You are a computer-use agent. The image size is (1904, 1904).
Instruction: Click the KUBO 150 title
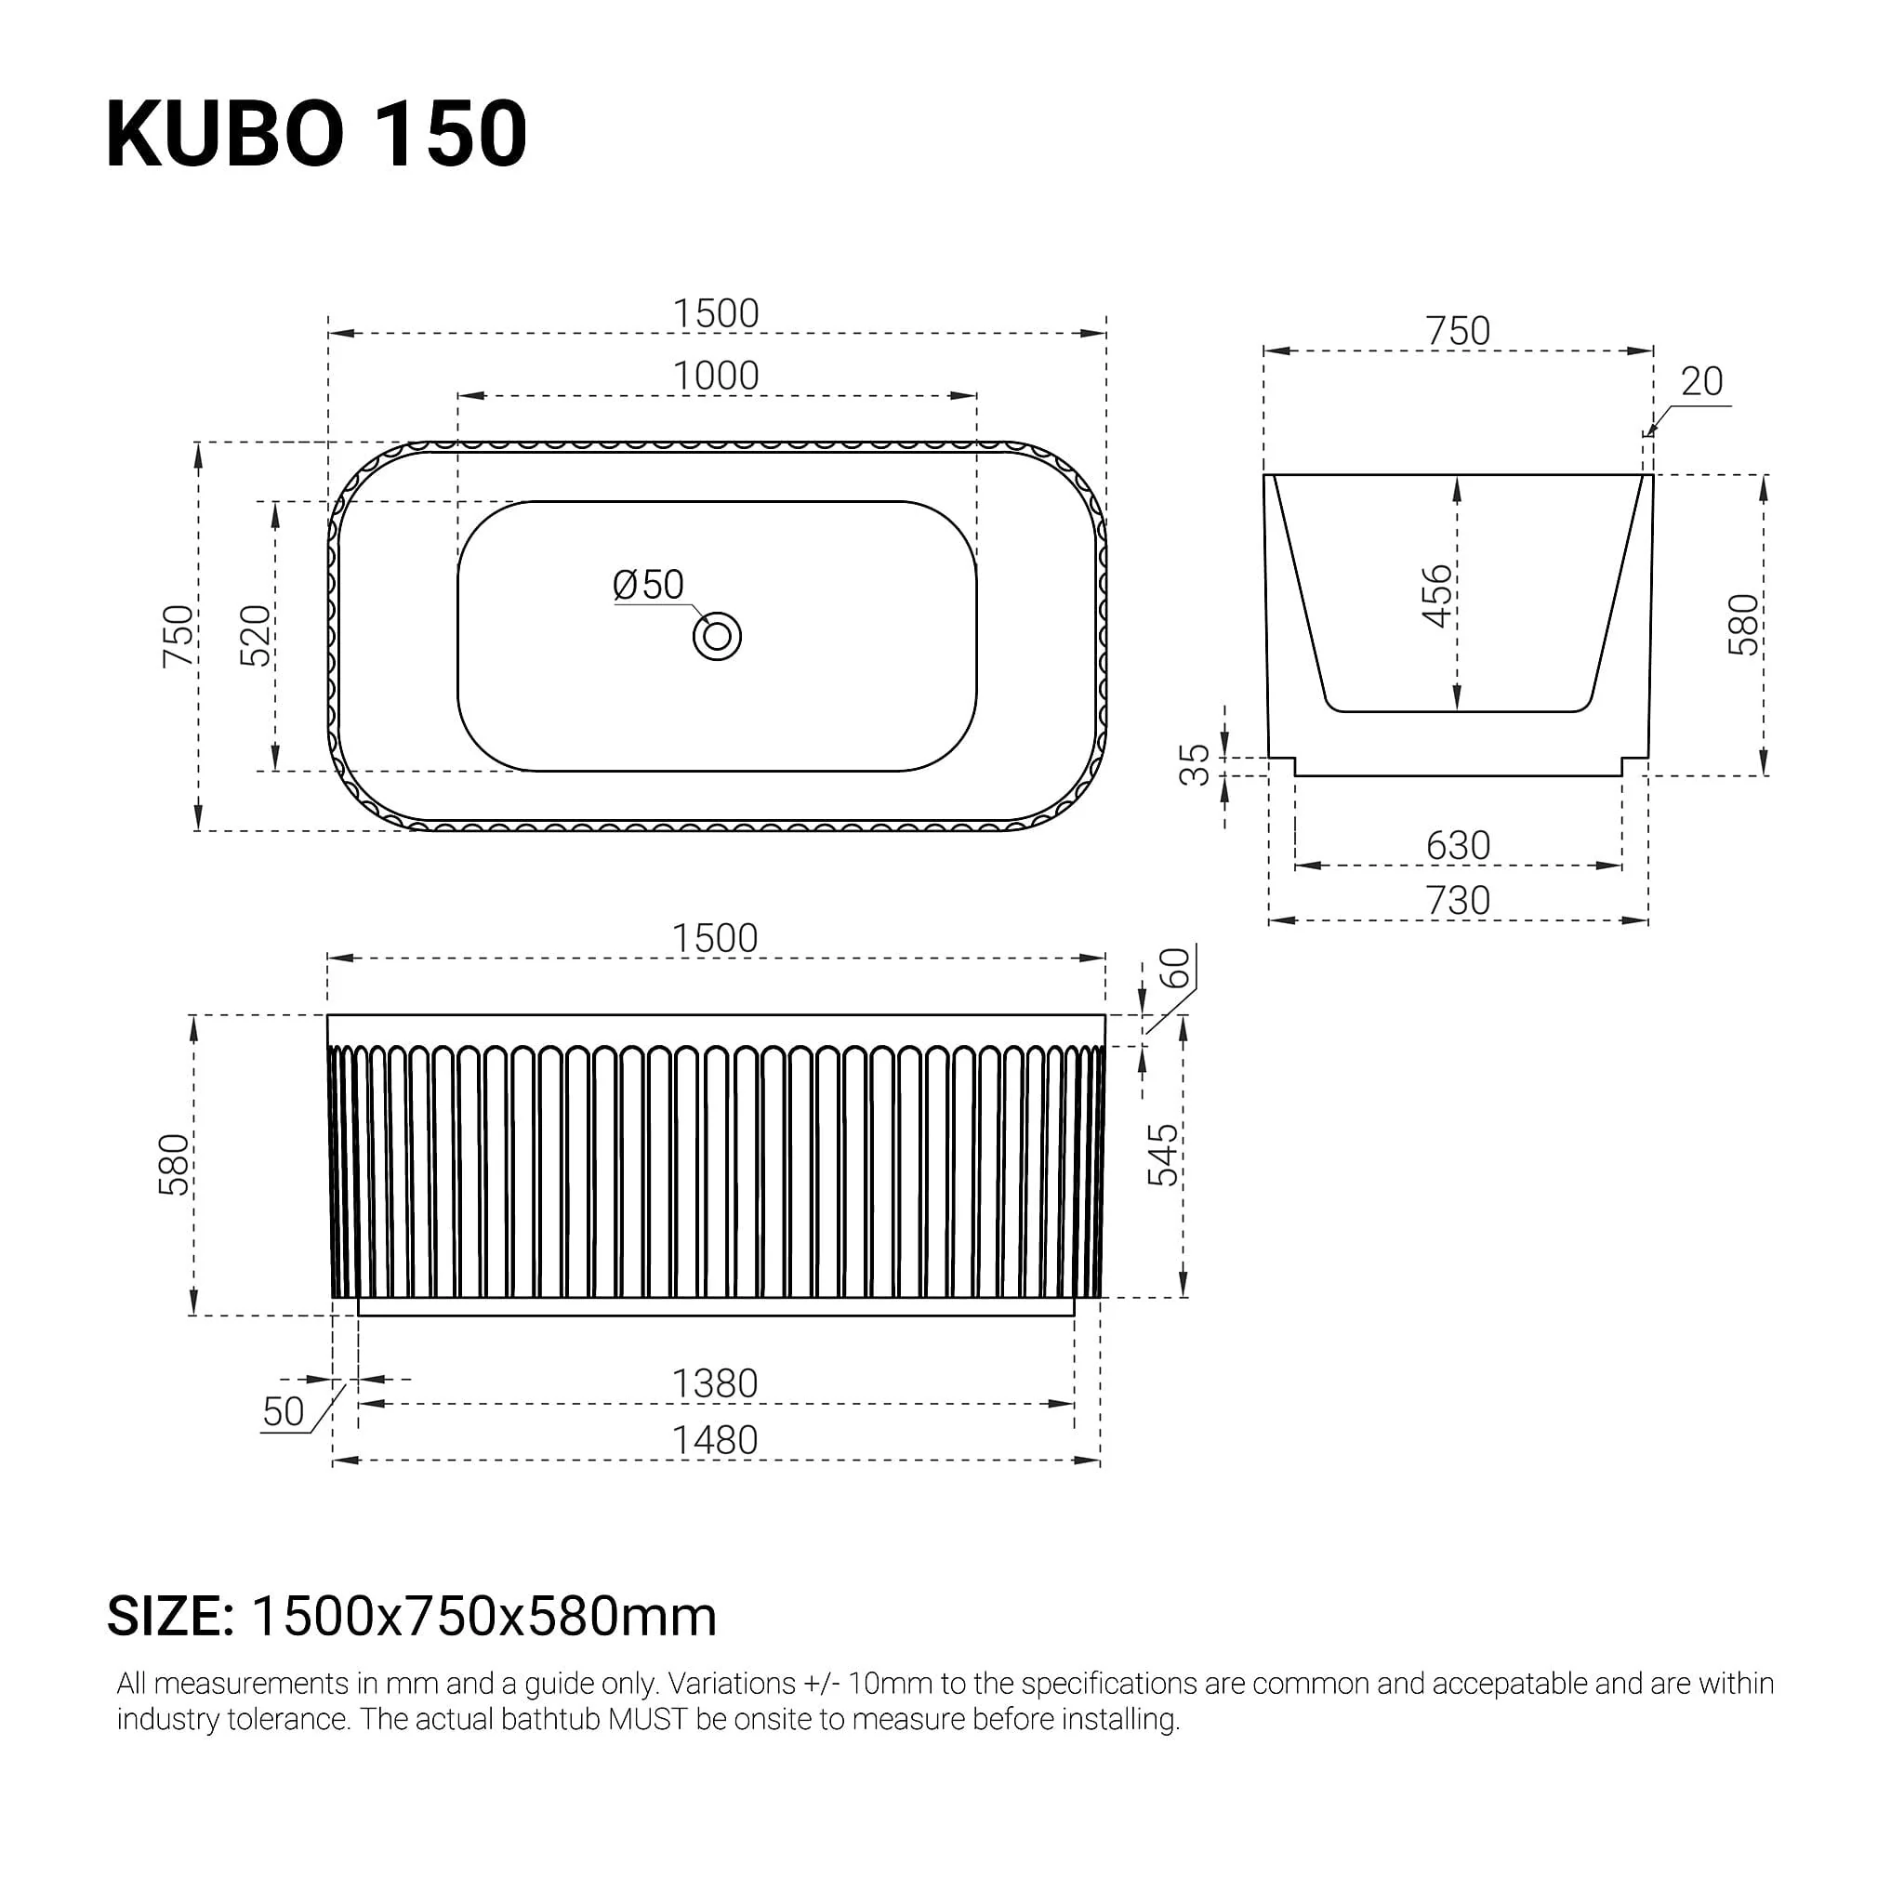[x=316, y=134]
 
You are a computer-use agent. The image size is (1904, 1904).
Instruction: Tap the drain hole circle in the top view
[x=717, y=637]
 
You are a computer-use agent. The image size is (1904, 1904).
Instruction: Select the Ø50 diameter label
[x=647, y=586]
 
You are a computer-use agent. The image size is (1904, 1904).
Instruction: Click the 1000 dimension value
[x=716, y=376]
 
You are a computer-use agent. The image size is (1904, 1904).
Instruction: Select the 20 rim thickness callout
[x=1701, y=381]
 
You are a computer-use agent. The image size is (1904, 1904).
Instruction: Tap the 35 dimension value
[x=1195, y=765]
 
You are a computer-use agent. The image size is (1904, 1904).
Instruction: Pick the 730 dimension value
[x=1458, y=901]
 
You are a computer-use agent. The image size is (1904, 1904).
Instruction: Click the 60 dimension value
[x=1175, y=968]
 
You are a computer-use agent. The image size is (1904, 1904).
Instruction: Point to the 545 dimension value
[x=1162, y=1155]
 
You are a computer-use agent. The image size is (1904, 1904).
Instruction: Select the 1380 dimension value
[x=715, y=1383]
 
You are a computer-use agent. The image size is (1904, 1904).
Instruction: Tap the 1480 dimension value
[x=715, y=1441]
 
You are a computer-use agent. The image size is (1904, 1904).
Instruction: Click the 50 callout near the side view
[x=284, y=1412]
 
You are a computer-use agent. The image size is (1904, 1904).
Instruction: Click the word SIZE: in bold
[x=170, y=1616]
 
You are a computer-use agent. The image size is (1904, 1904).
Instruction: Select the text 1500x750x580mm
[x=483, y=1616]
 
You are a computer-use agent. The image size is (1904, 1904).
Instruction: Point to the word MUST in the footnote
[x=647, y=1719]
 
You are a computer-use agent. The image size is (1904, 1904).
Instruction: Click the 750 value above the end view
[x=1458, y=331]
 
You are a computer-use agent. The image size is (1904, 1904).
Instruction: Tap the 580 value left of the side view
[x=174, y=1165]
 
